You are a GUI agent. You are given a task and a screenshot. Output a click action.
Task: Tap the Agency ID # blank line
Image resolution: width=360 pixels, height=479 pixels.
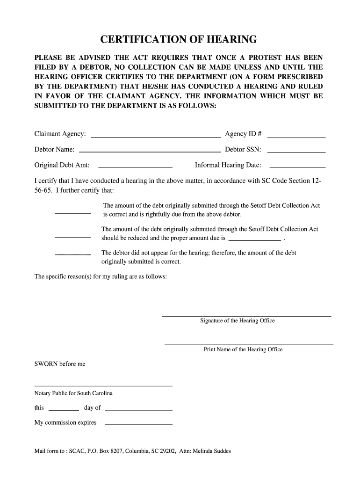tap(296, 137)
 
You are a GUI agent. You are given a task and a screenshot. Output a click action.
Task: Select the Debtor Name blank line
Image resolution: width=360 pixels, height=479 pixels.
tap(150, 152)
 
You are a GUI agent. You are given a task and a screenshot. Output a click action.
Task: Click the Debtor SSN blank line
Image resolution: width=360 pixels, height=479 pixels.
tap(296, 152)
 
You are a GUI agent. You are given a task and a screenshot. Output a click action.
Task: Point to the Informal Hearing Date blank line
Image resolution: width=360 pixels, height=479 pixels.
tap(298, 167)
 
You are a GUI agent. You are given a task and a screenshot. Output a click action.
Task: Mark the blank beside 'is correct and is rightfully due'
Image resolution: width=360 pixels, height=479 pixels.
tap(73, 213)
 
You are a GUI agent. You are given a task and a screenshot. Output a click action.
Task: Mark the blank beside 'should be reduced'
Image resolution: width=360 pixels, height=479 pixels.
tap(73, 237)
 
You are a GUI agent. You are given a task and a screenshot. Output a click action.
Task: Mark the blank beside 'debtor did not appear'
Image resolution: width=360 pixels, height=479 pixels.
tap(73, 254)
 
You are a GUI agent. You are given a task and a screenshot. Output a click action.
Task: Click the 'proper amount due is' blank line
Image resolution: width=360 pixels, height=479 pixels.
tap(253, 239)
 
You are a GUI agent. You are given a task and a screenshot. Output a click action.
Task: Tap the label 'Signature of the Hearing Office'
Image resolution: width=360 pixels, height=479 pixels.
tap(238, 321)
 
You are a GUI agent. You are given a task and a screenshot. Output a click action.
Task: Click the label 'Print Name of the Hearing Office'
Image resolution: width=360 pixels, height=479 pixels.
tap(243, 349)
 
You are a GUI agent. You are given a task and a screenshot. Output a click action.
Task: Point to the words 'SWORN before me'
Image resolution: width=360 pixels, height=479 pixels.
tap(60, 364)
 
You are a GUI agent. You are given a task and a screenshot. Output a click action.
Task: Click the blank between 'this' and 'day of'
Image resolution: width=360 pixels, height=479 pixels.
tap(64, 410)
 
